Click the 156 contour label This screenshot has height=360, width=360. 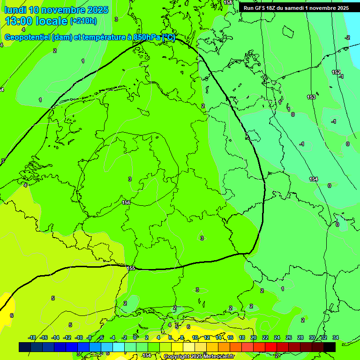[x=126, y=202]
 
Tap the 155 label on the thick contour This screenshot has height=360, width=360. [x=131, y=268]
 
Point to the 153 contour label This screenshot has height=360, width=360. [x=311, y=97]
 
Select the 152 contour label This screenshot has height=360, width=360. [x=336, y=72]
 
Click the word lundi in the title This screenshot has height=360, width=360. [x=15, y=10]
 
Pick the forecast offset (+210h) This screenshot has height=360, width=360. [x=83, y=21]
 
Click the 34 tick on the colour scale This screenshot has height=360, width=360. [x=335, y=337]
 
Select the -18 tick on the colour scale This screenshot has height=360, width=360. [x=32, y=337]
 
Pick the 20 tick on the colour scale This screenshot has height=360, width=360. [x=254, y=337]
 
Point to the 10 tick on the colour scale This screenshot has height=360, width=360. [x=195, y=337]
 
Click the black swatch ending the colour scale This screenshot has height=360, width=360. [x=330, y=347]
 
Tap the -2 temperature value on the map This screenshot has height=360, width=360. [x=347, y=37]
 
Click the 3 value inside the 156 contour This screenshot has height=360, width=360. [x=130, y=179]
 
